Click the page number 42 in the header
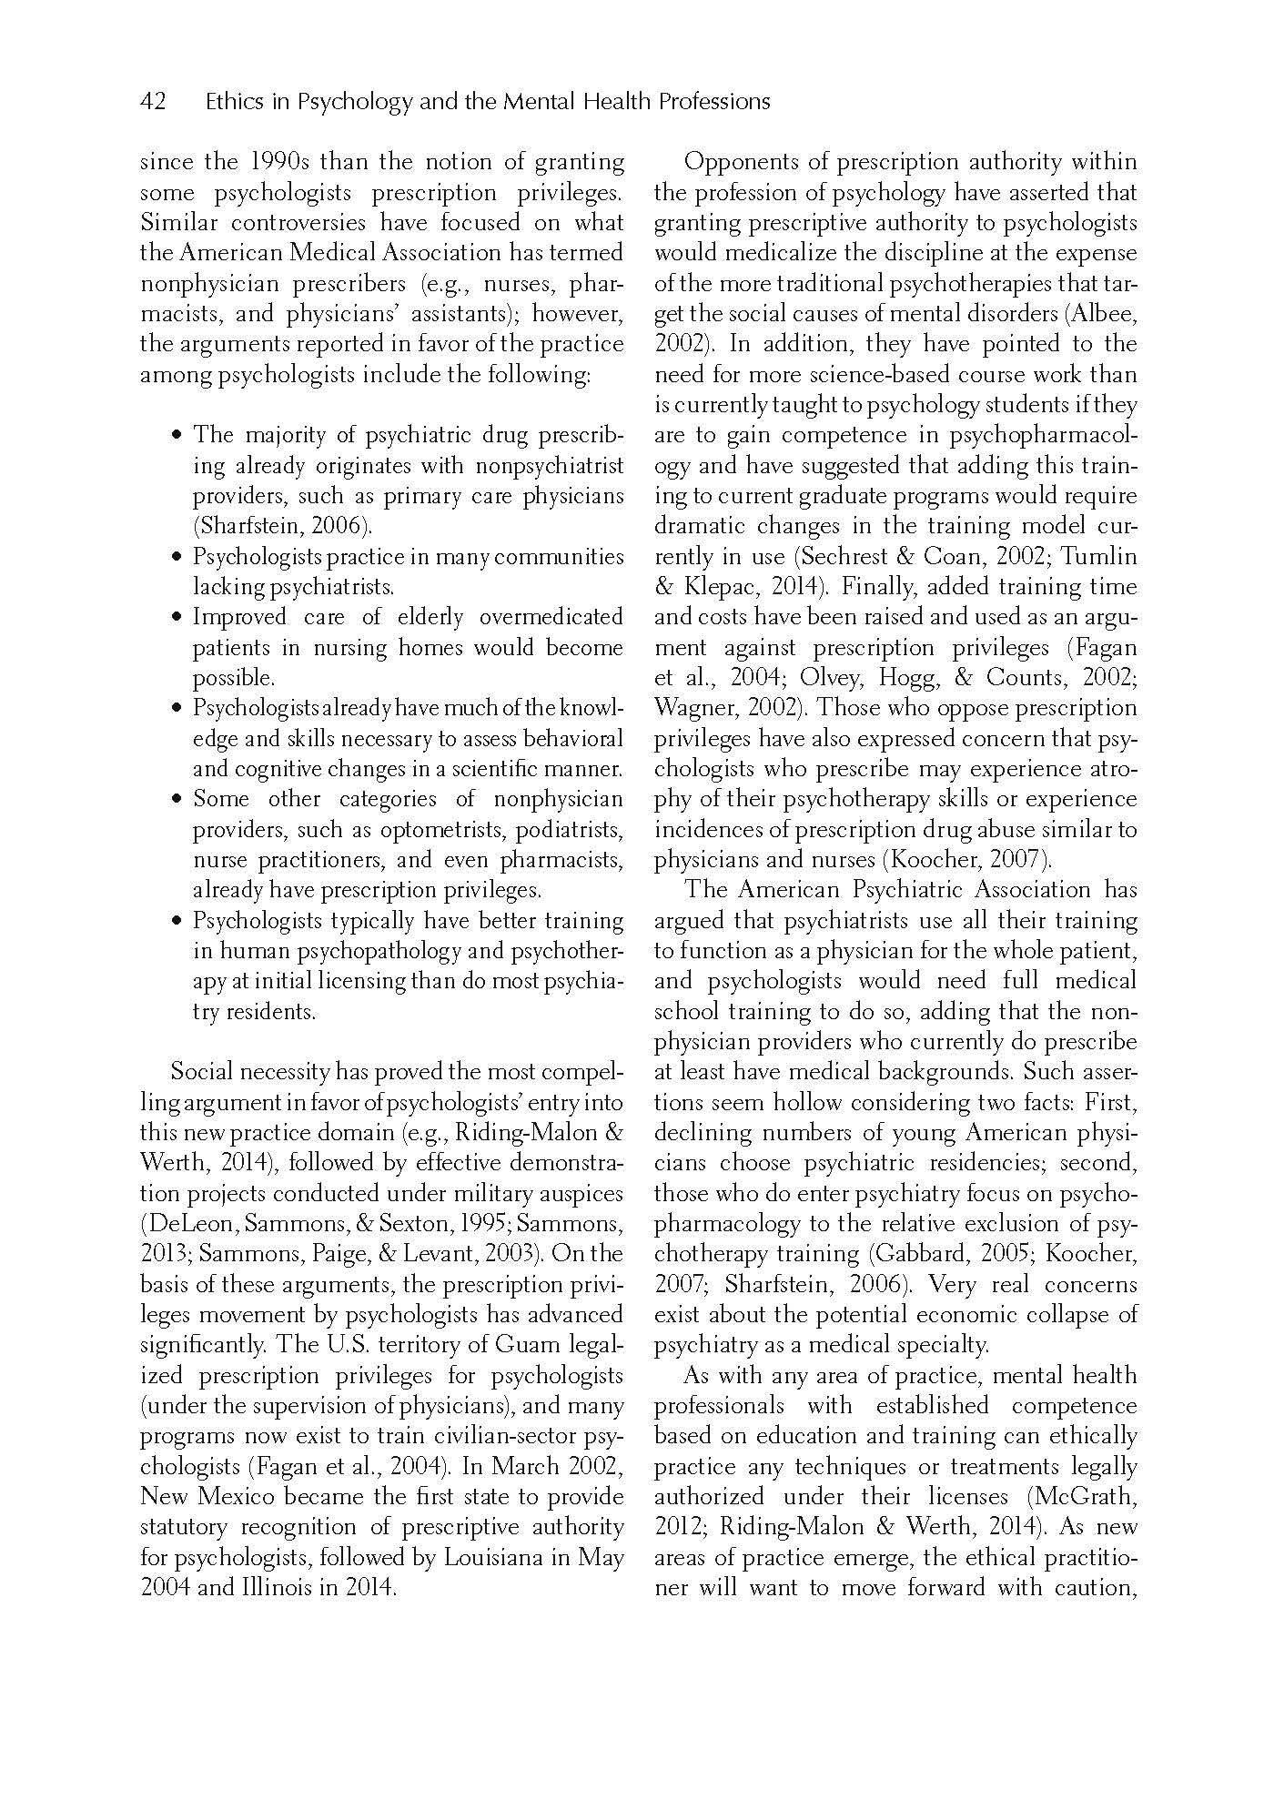pos(153,102)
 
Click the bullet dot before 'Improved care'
pos(177,619)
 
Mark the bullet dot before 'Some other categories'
pos(177,801)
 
